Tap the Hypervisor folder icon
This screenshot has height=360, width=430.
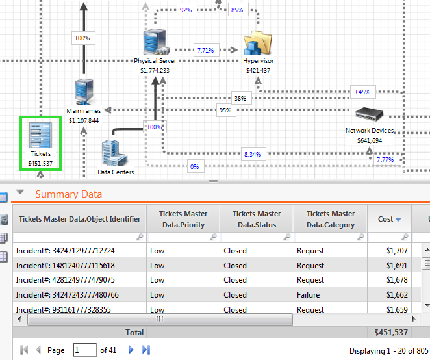258,44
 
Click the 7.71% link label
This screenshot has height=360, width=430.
206,49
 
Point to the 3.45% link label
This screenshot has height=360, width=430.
362,92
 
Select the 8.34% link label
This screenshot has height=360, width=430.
253,154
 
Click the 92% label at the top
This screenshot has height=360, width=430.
186,10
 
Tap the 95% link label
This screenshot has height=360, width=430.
225,110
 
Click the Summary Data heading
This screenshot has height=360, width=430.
68,194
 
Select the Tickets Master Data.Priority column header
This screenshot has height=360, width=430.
183,219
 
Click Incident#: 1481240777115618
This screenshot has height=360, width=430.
65,265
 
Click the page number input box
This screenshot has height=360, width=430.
84,350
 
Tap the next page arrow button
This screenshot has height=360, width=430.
131,350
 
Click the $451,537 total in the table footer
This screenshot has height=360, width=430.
391,332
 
